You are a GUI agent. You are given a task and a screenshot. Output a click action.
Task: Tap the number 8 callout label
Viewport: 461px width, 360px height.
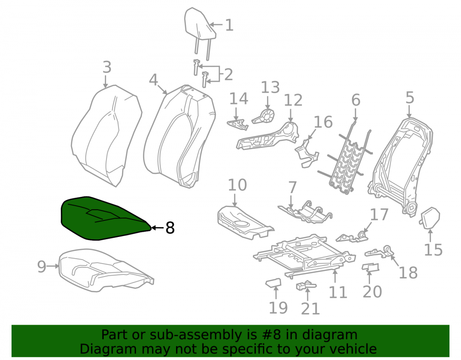tap(170, 228)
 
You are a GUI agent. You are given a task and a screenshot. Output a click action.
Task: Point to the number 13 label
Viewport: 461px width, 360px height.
tap(270, 87)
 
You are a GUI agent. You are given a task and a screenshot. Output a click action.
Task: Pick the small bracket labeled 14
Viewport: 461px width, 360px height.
tap(237, 124)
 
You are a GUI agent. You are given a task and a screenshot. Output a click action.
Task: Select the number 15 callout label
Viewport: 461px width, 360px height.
tap(433, 250)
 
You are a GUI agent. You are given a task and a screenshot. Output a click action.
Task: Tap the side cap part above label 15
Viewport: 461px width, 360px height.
tap(430, 218)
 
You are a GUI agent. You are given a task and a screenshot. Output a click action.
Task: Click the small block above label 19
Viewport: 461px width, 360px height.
tap(273, 283)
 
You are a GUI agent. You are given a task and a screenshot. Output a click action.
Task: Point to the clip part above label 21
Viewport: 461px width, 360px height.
tap(306, 286)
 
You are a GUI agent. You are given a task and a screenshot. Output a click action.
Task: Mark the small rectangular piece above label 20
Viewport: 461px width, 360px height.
tap(371, 267)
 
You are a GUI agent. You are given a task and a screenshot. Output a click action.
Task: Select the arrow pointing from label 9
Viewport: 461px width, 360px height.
tap(53, 266)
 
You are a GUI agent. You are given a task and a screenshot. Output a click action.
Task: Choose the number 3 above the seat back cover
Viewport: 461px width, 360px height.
tap(107, 67)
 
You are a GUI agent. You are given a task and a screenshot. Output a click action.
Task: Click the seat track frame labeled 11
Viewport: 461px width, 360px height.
tap(304, 256)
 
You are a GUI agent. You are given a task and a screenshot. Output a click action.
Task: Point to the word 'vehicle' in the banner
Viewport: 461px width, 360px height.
tap(353, 349)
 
